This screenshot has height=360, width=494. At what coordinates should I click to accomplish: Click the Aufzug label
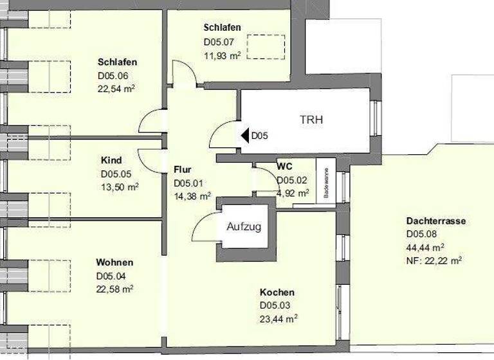pos(244,226)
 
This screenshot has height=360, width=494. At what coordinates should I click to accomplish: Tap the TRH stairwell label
pos(311,120)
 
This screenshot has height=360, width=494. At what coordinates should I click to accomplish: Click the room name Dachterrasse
pos(435,221)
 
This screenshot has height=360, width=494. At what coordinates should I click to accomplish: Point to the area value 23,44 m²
pos(279,318)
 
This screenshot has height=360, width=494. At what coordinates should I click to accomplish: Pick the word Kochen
pos(277,292)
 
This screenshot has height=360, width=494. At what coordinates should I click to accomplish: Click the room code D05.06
pos(114,75)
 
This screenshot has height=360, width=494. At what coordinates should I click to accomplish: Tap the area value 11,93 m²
pos(222,56)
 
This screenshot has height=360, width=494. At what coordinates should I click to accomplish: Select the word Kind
pos(111,160)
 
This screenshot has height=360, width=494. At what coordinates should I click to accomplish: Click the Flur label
pos(183,170)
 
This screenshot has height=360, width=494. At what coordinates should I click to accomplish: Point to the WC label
pos(285,166)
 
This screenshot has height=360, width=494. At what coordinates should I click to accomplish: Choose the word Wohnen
pos(114,262)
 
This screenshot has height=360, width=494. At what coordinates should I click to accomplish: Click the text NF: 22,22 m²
pos(434,260)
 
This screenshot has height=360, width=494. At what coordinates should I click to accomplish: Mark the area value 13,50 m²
pos(120,186)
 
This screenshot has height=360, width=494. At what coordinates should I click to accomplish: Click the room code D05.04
pos(112,276)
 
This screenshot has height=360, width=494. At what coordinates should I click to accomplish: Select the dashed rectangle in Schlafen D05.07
pos(266,46)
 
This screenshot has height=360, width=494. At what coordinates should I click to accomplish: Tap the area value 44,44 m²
pos(425,248)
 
